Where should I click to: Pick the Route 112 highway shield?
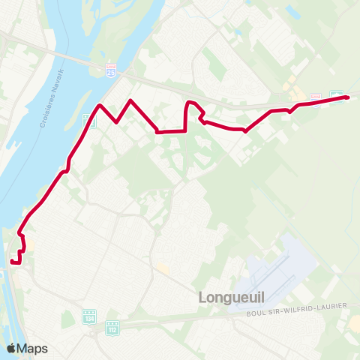point(113,327)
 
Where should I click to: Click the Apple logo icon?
point(11,348)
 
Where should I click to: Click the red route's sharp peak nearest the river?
point(100,104)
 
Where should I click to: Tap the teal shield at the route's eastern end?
point(337,97)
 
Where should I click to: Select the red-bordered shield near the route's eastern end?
point(316,98)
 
